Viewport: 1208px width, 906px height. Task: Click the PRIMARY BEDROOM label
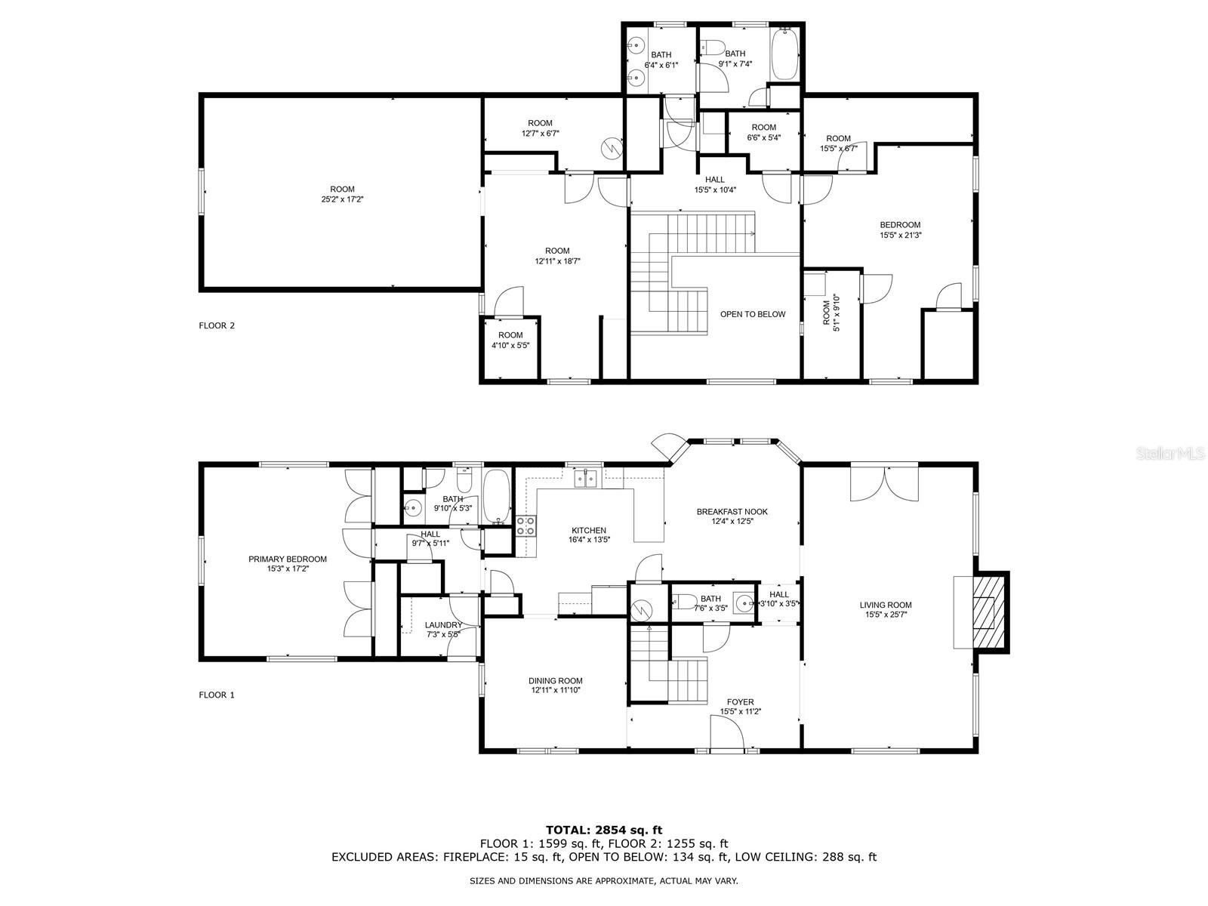[x=288, y=559]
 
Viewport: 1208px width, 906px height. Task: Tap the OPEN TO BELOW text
[x=752, y=314]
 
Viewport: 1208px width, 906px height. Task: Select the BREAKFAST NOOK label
[x=732, y=512]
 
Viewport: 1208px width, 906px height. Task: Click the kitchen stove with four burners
[x=526, y=525]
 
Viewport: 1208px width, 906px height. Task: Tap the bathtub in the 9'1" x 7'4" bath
[x=784, y=54]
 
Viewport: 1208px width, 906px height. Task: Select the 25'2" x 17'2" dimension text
[x=342, y=199]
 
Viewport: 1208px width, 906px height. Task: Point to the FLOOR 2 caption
[x=216, y=325]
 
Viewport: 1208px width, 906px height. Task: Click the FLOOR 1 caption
[x=216, y=695]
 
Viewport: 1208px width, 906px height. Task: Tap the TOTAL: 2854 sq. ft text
[x=604, y=830]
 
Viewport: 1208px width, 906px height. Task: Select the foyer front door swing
[x=727, y=733]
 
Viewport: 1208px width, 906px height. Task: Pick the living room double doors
[x=884, y=483]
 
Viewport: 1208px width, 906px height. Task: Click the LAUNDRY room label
[x=443, y=625]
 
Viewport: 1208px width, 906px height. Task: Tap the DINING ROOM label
[x=555, y=680]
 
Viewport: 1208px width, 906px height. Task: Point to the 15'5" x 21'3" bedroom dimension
[x=901, y=235]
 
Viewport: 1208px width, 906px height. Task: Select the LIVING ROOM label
[x=886, y=605]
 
